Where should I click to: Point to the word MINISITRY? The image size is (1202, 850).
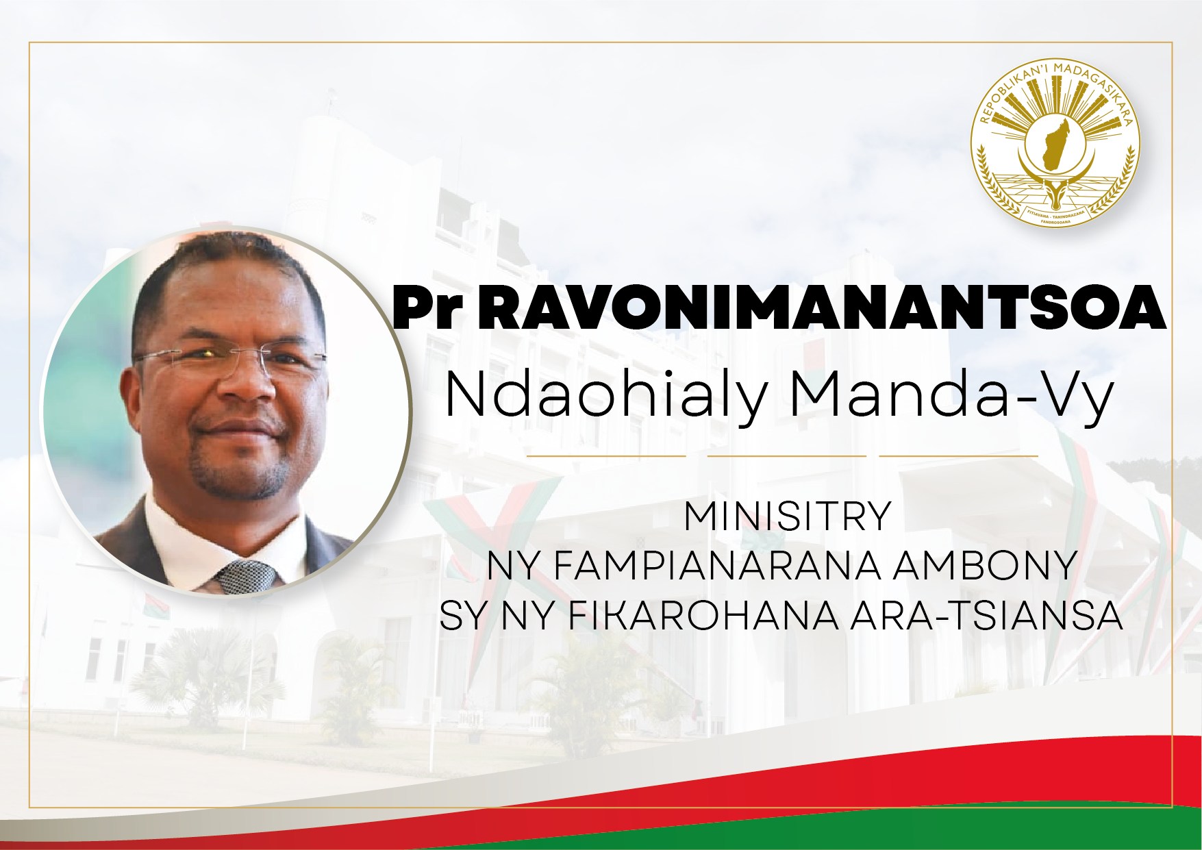click(787, 516)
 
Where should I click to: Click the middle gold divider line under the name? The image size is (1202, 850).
click(787, 455)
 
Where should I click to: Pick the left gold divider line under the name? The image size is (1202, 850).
click(606, 455)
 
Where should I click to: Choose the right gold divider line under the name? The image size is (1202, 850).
click(959, 455)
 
